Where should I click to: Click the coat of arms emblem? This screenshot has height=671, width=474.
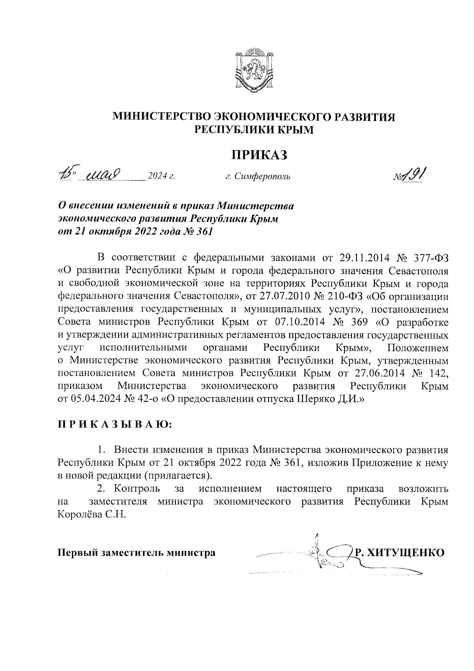tap(253, 70)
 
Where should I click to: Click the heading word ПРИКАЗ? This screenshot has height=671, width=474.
tap(259, 155)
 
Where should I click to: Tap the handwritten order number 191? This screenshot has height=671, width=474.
tap(414, 174)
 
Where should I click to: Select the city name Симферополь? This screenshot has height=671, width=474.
tap(262, 176)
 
